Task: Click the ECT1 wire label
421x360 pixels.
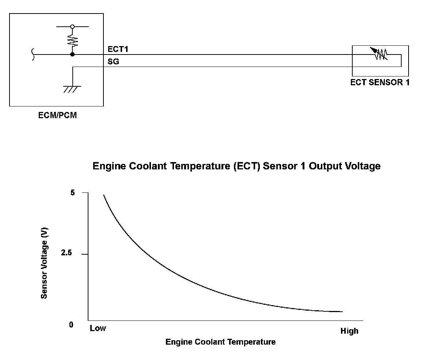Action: coord(118,49)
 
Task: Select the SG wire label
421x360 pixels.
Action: coord(113,62)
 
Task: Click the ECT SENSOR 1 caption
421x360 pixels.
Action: coord(380,82)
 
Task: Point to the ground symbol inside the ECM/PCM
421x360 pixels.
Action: coord(72,89)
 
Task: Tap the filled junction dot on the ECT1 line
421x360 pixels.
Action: coord(72,55)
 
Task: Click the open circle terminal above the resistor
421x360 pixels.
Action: coord(72,27)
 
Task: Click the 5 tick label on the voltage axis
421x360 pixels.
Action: coord(72,193)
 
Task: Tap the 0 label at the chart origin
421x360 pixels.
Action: coord(71,325)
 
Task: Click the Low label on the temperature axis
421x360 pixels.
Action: coord(98,329)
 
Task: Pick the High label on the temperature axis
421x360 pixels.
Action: coord(349,331)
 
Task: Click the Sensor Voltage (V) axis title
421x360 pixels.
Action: coord(44,263)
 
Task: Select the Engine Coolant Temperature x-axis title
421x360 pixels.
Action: coord(220,342)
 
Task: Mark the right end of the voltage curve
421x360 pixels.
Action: coord(342,312)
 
